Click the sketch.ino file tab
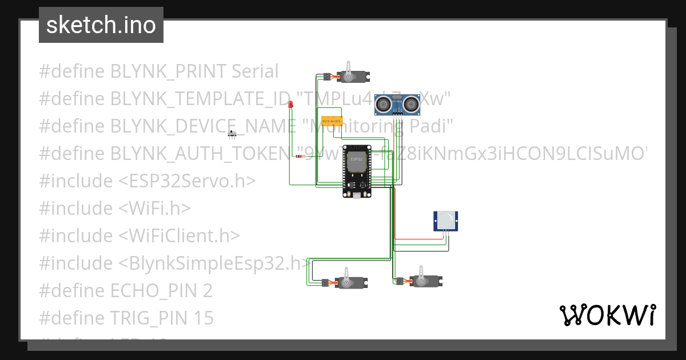[101, 26]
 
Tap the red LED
[290, 105]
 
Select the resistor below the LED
[299, 156]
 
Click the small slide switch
[232, 134]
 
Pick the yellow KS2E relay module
[332, 122]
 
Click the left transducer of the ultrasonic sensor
[384, 105]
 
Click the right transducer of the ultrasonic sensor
[411, 105]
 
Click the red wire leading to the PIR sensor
[417, 239]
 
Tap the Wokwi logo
[607, 315]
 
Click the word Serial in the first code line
[255, 71]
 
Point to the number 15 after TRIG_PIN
[202, 318]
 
